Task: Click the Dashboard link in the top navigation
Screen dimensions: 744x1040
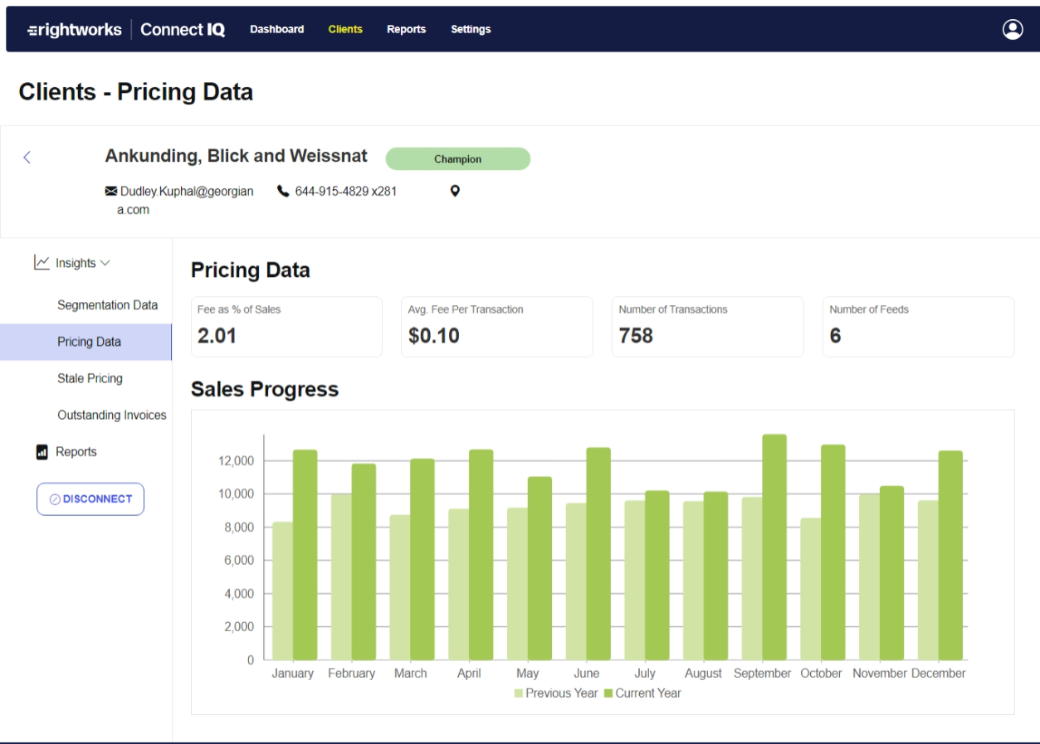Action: pyautogui.click(x=276, y=29)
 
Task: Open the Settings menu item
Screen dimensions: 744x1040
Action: pyautogui.click(x=471, y=29)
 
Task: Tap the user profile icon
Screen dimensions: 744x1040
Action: pyautogui.click(x=1012, y=29)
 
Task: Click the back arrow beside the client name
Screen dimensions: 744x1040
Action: pyautogui.click(x=27, y=158)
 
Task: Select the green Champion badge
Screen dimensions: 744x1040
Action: pyautogui.click(x=457, y=159)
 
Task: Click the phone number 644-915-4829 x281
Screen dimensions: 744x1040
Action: pyautogui.click(x=345, y=192)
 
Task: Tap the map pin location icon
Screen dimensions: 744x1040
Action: pyautogui.click(x=455, y=192)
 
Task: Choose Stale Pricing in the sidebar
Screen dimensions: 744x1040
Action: pyautogui.click(x=90, y=378)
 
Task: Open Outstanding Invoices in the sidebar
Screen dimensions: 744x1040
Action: pyautogui.click(x=111, y=415)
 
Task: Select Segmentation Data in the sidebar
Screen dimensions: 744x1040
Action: pyautogui.click(x=107, y=305)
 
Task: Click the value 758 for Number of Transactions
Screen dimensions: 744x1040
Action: pyautogui.click(x=636, y=336)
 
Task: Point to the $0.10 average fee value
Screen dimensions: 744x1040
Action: pyautogui.click(x=433, y=336)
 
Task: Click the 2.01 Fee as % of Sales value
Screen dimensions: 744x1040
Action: pyautogui.click(x=217, y=336)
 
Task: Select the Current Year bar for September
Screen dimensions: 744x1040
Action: pyautogui.click(x=774, y=547)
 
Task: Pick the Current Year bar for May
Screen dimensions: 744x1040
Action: pyautogui.click(x=540, y=568)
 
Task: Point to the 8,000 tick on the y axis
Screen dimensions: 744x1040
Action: pyautogui.click(x=238, y=528)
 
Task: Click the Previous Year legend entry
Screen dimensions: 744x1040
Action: pyautogui.click(x=555, y=693)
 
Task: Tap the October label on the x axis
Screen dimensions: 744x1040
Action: pyautogui.click(x=821, y=673)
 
